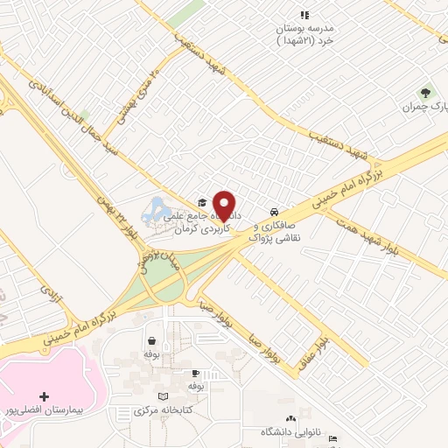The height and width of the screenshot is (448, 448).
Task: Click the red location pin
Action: (225, 205)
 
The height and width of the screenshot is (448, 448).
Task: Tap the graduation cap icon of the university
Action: (202, 200)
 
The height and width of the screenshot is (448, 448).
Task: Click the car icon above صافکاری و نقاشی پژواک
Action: (275, 212)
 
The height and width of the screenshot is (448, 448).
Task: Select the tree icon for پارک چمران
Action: (426, 92)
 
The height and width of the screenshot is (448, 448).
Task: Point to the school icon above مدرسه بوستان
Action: (304, 15)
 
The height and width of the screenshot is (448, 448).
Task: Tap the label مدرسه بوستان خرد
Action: (304, 34)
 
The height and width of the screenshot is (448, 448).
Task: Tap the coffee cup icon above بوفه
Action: (195, 373)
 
